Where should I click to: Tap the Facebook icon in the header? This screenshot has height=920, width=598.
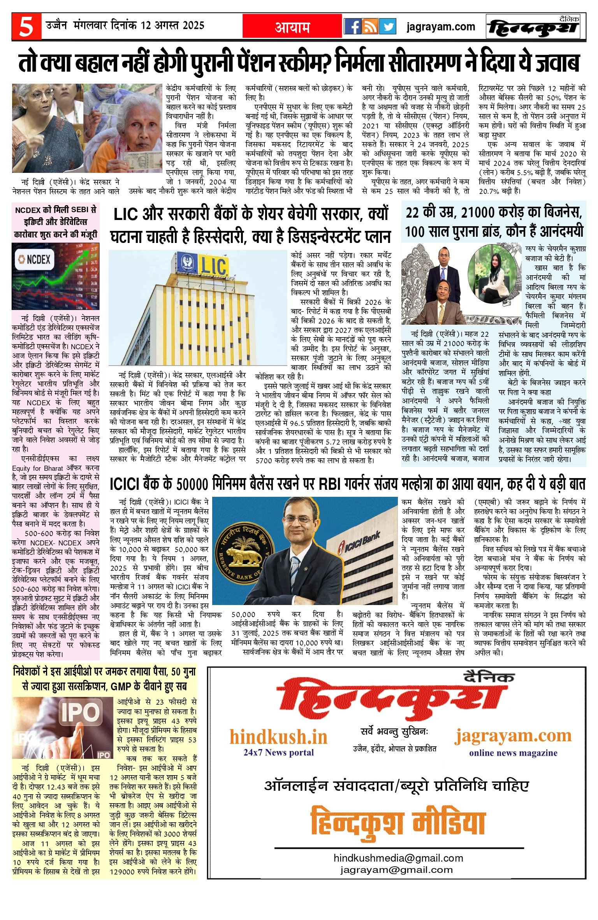coord(352,26)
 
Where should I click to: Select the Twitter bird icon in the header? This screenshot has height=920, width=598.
coord(387,26)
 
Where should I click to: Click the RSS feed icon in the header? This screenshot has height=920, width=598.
coord(370,26)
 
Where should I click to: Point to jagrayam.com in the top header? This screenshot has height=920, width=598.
coord(441,26)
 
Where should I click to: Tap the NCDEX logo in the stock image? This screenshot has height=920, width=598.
coord(33,259)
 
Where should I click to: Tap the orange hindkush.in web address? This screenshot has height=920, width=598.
coord(278,737)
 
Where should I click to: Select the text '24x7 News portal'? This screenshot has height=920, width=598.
coord(278,752)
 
